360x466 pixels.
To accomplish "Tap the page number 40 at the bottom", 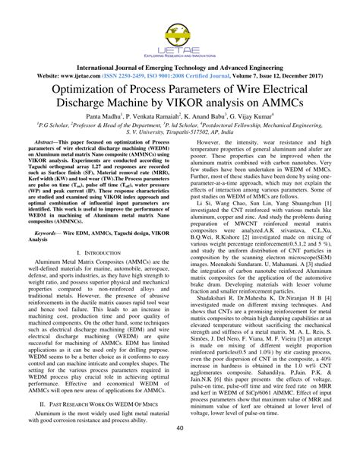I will click(x=180, y=449).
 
